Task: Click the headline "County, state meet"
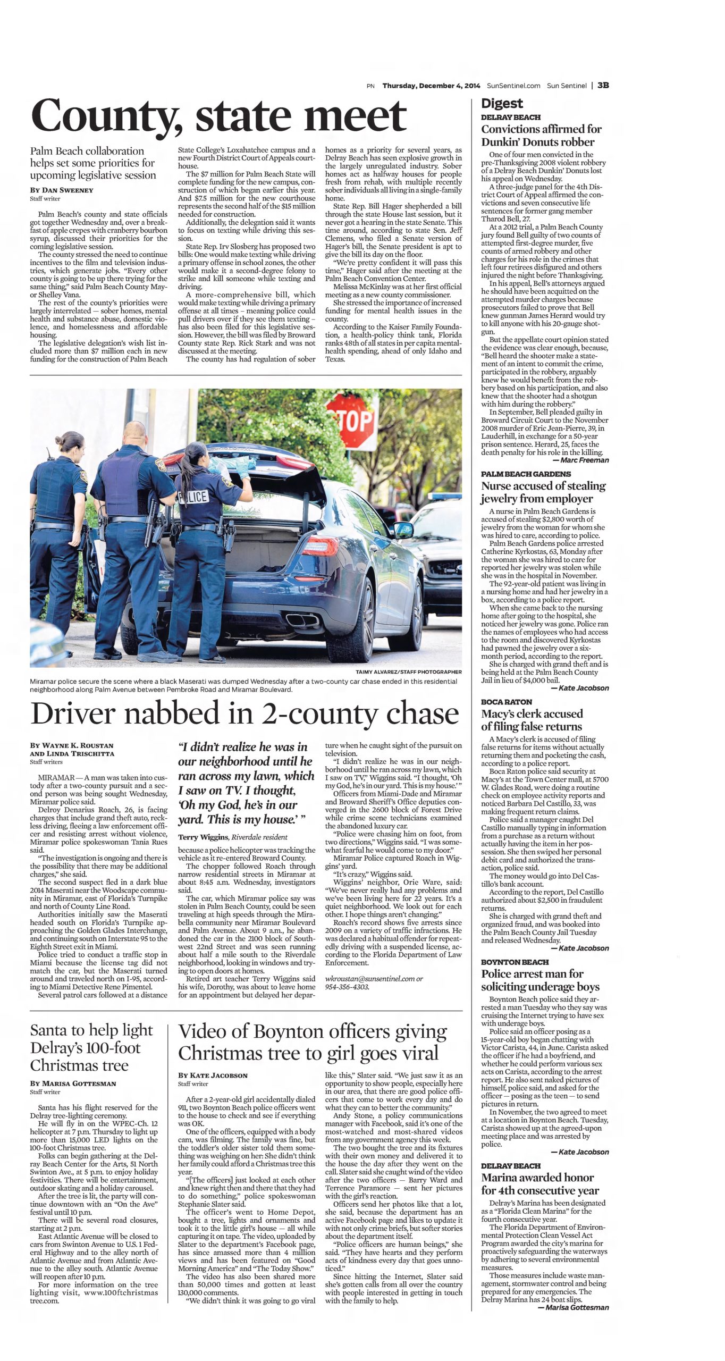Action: pyautogui.click(x=218, y=115)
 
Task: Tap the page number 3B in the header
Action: pyautogui.click(x=603, y=85)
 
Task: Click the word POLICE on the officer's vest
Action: pyautogui.click(x=193, y=497)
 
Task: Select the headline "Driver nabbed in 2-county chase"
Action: pyautogui.click(x=245, y=713)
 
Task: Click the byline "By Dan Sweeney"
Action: pyautogui.click(x=62, y=190)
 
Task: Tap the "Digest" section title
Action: pyautogui.click(x=502, y=103)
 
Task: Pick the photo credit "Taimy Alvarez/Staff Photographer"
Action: pyautogui.click(x=408, y=672)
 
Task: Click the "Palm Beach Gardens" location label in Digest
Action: pyautogui.click(x=526, y=474)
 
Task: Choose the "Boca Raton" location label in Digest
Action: pyautogui.click(x=507, y=702)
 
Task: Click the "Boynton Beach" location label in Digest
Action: pyautogui.click(x=515, y=962)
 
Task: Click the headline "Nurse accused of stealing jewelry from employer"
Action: pyautogui.click(x=543, y=492)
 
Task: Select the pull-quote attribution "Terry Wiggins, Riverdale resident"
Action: pyautogui.click(x=233, y=837)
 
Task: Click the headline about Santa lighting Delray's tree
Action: pyautogui.click(x=91, y=1048)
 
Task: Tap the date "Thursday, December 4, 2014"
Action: pyautogui.click(x=431, y=86)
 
